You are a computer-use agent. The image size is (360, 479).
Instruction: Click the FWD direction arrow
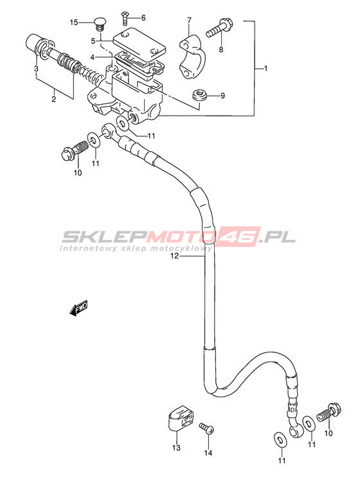pyautogui.click(x=79, y=307)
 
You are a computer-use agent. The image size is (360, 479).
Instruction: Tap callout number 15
pyautogui.click(x=74, y=23)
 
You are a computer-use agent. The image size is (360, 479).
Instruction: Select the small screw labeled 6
pyautogui.click(x=125, y=17)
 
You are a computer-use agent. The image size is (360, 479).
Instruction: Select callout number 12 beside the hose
pyautogui.click(x=174, y=257)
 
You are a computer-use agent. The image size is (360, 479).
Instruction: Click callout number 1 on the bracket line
pyautogui.click(x=265, y=69)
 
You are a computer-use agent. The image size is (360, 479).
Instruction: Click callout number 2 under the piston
pyautogui.click(x=54, y=99)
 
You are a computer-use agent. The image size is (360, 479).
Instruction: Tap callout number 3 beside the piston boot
pyautogui.click(x=36, y=68)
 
